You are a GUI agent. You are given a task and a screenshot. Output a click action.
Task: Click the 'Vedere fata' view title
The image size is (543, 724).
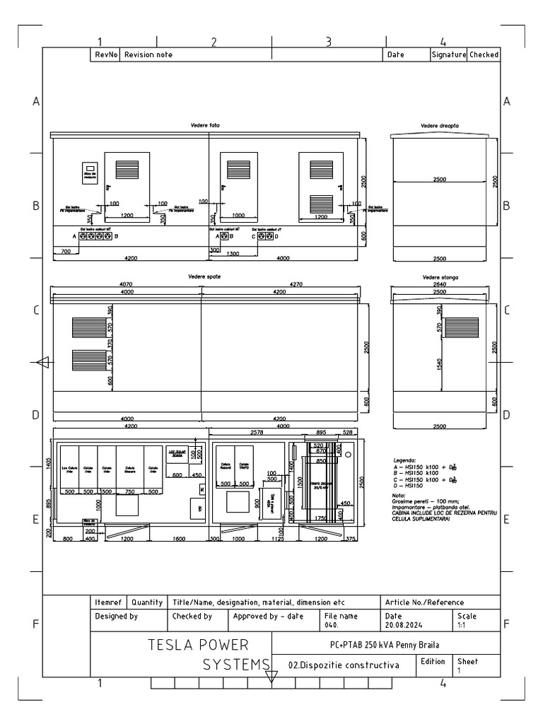point(206,125)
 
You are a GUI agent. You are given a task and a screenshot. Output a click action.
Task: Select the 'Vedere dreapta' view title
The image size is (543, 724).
point(439,125)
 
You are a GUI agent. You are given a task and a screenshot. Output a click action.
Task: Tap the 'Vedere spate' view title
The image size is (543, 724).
point(206,276)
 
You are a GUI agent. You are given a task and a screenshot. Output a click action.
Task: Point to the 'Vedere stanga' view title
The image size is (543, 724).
point(439,278)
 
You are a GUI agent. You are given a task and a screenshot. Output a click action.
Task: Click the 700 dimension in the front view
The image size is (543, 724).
point(65,252)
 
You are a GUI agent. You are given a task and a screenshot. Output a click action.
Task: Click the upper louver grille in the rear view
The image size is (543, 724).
point(87,327)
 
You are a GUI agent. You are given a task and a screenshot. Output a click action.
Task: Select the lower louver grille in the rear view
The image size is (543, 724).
point(87,360)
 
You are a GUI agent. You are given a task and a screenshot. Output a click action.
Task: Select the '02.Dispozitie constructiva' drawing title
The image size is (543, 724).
point(344,665)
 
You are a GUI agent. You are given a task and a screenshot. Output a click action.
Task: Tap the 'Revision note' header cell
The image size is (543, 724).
point(148,54)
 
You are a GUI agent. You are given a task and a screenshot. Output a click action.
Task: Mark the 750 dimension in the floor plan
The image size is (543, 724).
point(129,491)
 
